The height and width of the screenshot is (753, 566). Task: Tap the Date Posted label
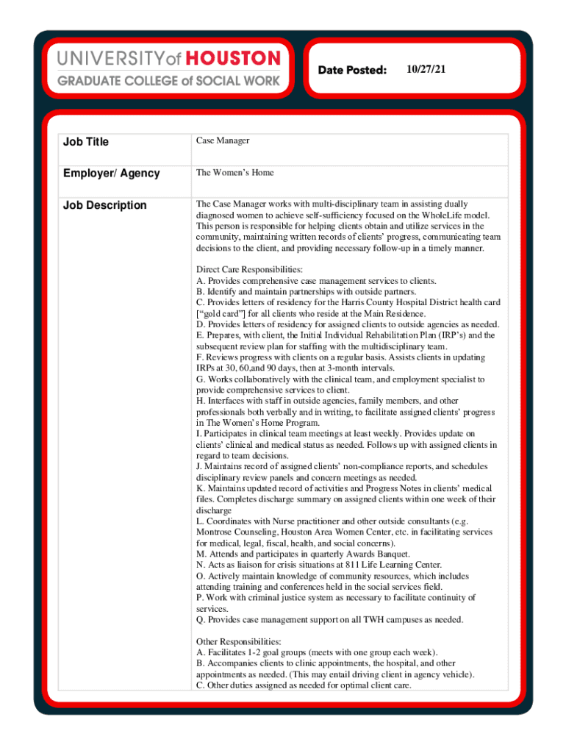(x=352, y=70)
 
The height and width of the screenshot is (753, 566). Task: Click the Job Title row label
(x=87, y=141)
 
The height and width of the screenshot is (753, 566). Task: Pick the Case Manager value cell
(x=223, y=140)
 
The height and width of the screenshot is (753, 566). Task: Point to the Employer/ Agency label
(x=112, y=173)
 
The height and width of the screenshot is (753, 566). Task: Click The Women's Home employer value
(x=234, y=173)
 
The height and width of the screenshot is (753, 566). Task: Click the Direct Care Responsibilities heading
(x=249, y=270)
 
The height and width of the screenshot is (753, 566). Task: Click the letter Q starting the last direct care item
(x=199, y=620)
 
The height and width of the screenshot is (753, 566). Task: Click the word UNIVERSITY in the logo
(x=110, y=58)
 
